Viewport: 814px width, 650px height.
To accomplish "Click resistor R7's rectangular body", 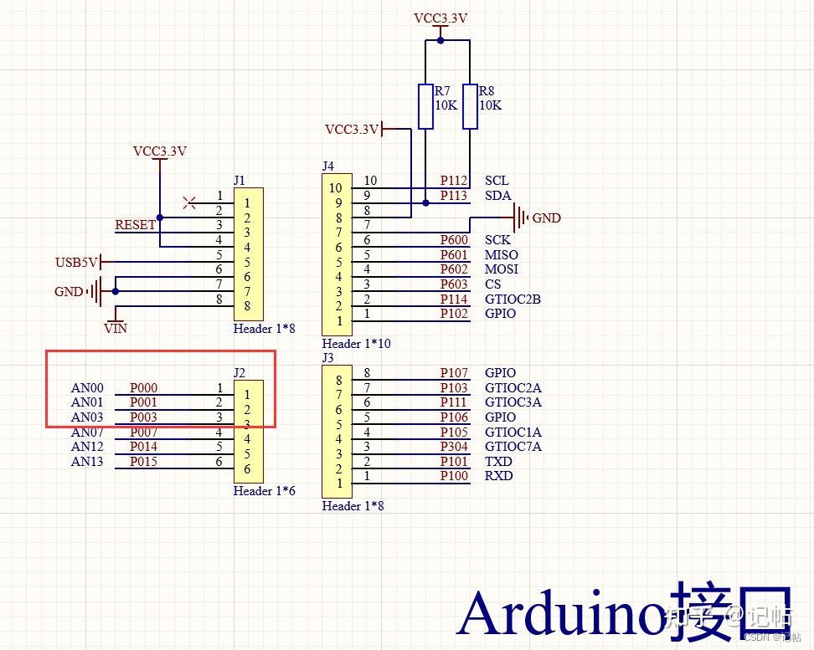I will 425,106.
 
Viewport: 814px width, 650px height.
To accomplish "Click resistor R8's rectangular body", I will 470,106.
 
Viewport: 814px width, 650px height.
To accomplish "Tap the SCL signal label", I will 496,181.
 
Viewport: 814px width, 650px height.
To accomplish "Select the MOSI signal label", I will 501,269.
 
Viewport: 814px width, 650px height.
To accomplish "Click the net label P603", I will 454,284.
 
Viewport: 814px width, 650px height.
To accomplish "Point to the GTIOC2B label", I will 512,299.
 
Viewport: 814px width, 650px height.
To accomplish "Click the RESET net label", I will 135,225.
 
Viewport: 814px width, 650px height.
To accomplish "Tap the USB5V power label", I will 76,262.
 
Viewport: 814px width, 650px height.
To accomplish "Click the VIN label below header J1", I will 115,329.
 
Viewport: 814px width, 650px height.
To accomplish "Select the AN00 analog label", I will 87,388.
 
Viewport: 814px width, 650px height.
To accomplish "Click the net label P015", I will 143,462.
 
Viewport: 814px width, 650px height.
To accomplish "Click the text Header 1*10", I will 356,344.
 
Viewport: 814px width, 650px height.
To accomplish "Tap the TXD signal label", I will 498,462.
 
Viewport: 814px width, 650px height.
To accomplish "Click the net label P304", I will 454,447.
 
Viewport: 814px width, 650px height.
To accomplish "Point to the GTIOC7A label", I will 513,447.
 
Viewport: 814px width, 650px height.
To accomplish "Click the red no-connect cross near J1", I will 189,202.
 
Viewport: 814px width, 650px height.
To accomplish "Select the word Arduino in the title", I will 563,613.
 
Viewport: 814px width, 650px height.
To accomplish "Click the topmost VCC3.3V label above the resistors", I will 440,18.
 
